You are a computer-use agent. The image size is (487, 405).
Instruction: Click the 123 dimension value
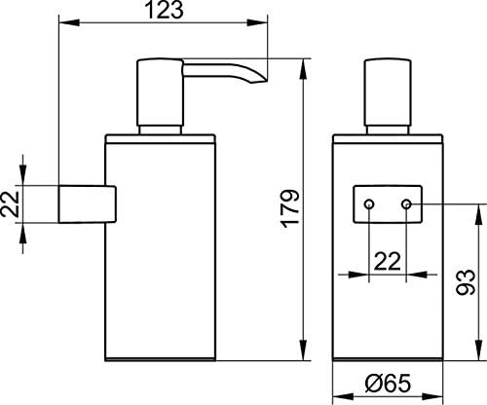click(164, 10)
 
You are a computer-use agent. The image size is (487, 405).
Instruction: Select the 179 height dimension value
click(291, 208)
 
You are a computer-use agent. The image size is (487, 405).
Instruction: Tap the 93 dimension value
click(466, 281)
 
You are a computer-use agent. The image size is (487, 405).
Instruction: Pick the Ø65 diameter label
click(388, 383)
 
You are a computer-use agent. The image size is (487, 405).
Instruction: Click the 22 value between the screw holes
click(388, 261)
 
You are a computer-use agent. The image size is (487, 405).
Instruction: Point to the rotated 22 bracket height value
click(10, 204)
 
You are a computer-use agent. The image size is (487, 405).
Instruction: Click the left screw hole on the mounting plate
click(369, 204)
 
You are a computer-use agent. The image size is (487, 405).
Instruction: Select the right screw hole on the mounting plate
click(406, 204)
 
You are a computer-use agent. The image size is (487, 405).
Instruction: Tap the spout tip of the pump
click(259, 82)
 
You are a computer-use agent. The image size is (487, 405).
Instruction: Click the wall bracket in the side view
click(87, 204)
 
